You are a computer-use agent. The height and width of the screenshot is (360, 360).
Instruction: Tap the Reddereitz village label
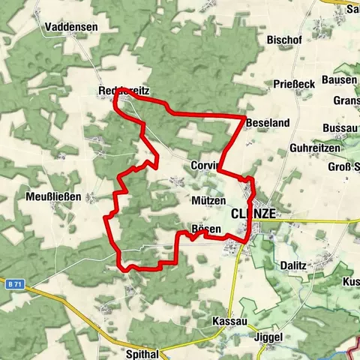click(x=124, y=91)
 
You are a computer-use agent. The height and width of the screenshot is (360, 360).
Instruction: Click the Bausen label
click(x=338, y=79)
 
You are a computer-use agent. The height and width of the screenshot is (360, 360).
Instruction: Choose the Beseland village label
click(x=267, y=121)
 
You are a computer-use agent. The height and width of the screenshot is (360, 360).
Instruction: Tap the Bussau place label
click(x=340, y=128)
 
